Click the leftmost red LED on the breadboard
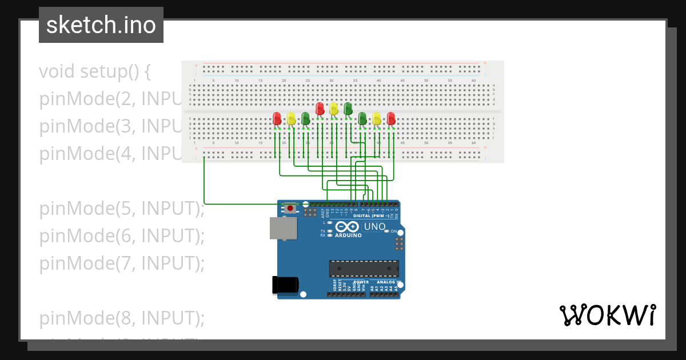pyautogui.click(x=277, y=118)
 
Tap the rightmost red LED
pyautogui.click(x=391, y=118)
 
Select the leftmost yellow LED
pyautogui.click(x=291, y=118)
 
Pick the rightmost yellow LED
pyautogui.click(x=376, y=118)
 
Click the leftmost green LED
pyautogui.click(x=305, y=118)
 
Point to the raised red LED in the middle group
pyautogui.click(x=320, y=108)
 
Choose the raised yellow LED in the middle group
pyautogui.click(x=334, y=108)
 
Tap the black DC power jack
pyautogui.click(x=285, y=284)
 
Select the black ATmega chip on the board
pyautogui.click(x=364, y=269)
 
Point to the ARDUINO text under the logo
pyautogui.click(x=348, y=235)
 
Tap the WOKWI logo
pyautogui.click(x=607, y=315)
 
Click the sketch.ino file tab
pyautogui.click(x=101, y=25)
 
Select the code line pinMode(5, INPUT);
pyautogui.click(x=121, y=209)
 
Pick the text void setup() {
pyautogui.click(x=94, y=71)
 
